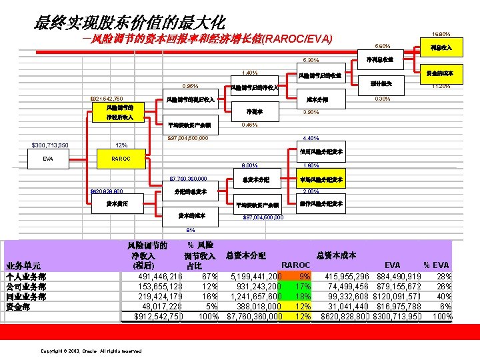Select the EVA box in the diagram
point(47,159)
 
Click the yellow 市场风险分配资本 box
point(319,179)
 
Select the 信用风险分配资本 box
point(319,151)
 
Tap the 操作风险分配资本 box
point(319,203)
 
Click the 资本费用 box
point(116,203)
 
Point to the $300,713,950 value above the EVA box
point(56,146)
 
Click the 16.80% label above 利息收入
point(441,33)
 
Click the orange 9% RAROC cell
point(304,276)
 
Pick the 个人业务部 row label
point(25,276)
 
